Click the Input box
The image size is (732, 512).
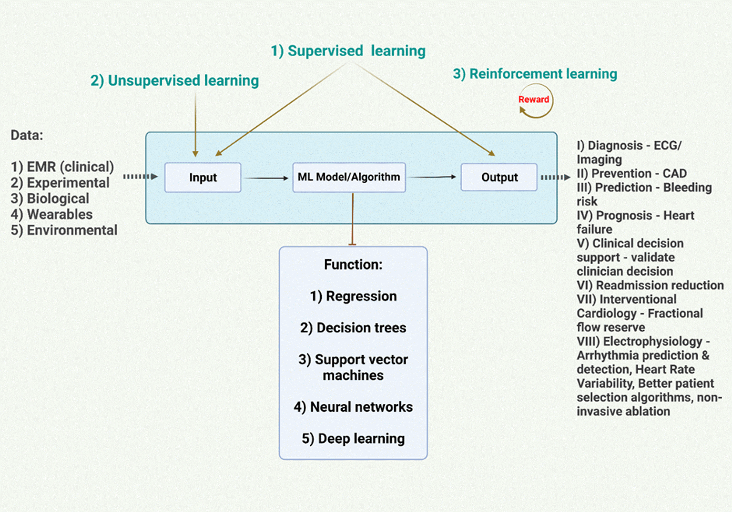pos(203,177)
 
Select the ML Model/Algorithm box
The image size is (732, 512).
pos(349,177)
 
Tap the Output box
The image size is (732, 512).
pos(499,177)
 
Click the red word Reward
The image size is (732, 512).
pos(533,99)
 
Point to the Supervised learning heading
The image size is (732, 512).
pos(348,51)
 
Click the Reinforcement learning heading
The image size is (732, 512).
pos(535,74)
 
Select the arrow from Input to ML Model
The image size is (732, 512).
pos(266,178)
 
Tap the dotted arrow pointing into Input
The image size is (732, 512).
pos(140,177)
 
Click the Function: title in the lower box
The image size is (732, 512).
pos(353,265)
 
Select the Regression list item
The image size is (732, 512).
pos(353,296)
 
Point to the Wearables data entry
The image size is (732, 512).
pos(52,214)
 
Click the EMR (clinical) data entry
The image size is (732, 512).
pos(62,167)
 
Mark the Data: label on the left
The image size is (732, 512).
pos(27,135)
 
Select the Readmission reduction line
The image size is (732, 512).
pos(650,285)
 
